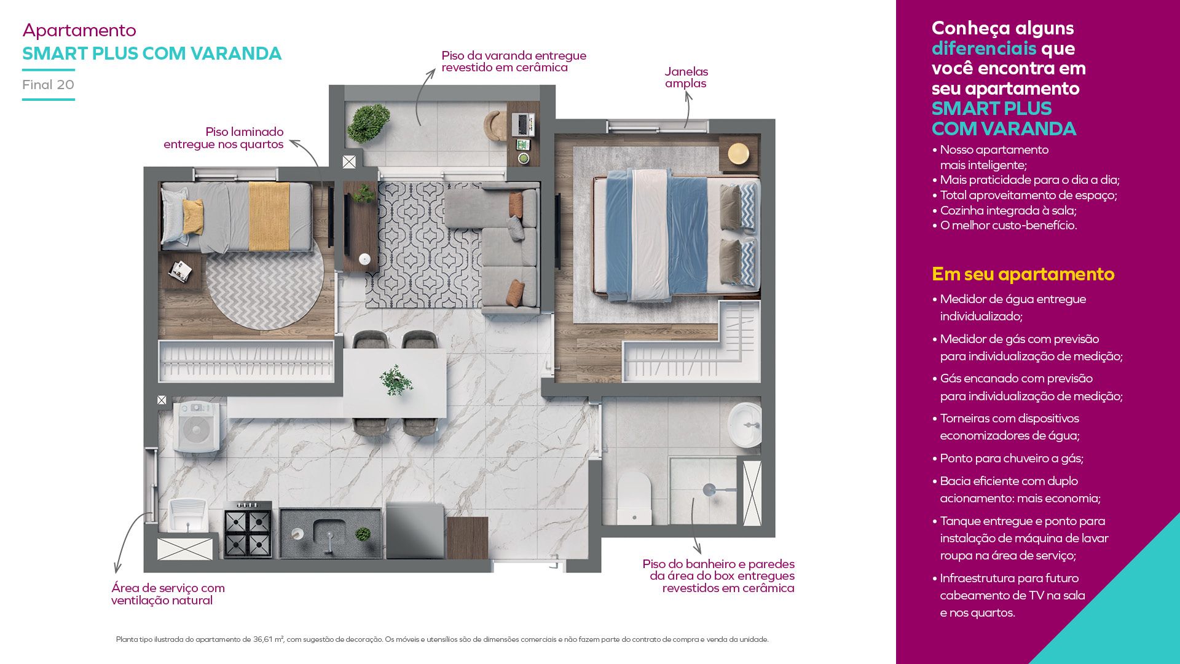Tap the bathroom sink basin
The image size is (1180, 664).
point(745,425)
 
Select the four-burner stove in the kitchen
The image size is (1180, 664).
point(248,529)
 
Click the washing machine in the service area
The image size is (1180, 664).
point(197,427)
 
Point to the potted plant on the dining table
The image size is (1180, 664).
point(396,381)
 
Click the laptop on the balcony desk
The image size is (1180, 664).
point(523,124)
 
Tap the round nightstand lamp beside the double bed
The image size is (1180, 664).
point(738,153)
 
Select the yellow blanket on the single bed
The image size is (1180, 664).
point(269,216)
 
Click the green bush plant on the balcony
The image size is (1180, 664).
point(368,123)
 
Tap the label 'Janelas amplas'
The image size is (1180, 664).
point(686,77)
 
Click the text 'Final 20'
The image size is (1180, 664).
point(48,85)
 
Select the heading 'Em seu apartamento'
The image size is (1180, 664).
point(1023,274)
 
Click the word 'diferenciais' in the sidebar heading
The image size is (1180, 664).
point(984,48)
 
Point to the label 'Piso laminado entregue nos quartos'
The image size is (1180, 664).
point(224,138)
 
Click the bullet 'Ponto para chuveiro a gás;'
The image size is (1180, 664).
point(1012,458)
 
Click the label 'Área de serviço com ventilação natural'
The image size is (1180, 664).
point(168,594)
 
